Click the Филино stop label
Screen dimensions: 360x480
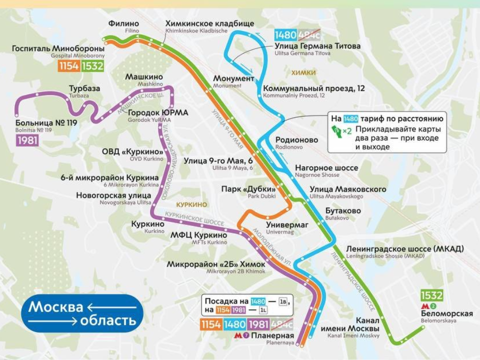coord(123,24)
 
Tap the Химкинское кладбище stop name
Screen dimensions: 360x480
coord(209,24)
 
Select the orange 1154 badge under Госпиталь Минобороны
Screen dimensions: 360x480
coord(69,66)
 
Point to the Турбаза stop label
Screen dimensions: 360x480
coord(84,89)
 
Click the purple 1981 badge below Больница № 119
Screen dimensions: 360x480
coord(27,140)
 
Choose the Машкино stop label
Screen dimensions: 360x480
coord(144,77)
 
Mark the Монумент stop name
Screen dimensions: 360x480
coord(233,79)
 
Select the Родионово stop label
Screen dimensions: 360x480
coord(296,140)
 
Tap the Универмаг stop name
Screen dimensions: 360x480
coord(287,225)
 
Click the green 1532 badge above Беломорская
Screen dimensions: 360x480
coord(432,295)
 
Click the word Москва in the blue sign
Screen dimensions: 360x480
coord(55,306)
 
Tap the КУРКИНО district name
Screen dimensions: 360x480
coord(191,205)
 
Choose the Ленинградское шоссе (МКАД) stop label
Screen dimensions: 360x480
coord(404,249)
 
